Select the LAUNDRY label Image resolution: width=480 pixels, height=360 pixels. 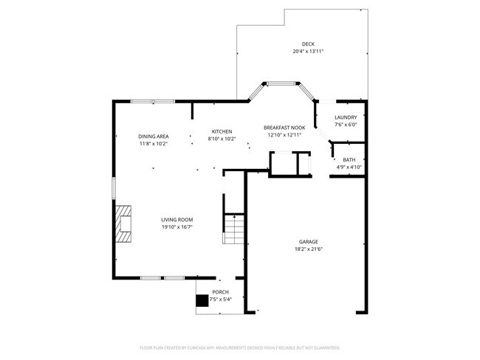(x=346, y=117)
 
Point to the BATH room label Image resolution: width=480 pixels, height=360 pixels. (x=349, y=159)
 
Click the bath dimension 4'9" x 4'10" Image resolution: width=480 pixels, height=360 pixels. (x=349, y=167)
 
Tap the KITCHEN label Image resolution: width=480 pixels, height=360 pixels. (x=222, y=131)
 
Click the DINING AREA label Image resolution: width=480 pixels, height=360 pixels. (x=154, y=136)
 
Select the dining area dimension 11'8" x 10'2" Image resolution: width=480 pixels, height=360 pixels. (x=154, y=144)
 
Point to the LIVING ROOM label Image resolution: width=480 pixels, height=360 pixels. (x=177, y=219)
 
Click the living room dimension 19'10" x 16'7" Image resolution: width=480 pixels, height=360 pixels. (x=177, y=226)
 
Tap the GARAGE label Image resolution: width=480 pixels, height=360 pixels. (x=308, y=241)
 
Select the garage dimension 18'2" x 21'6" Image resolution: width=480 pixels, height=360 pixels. (x=308, y=249)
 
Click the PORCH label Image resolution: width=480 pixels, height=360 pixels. (x=221, y=292)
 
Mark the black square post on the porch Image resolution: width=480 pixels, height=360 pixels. (x=202, y=300)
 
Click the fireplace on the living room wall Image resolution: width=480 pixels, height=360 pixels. (x=124, y=224)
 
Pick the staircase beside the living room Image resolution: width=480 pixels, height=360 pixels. (x=233, y=229)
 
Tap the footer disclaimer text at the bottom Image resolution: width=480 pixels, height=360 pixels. (x=240, y=347)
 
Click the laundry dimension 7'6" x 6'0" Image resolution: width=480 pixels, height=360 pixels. (x=346, y=125)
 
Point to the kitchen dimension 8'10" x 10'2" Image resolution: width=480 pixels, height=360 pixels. (x=222, y=139)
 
